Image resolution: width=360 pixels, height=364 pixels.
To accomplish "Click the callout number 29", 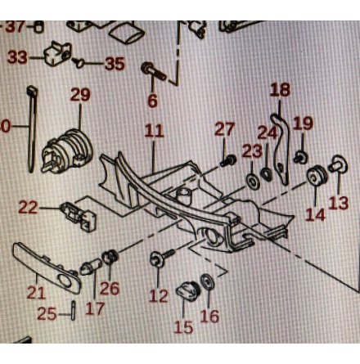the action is [x=80, y=95].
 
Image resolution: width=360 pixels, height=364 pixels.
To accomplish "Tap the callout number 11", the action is [x=154, y=131].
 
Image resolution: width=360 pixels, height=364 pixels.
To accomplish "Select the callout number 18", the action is [x=280, y=90].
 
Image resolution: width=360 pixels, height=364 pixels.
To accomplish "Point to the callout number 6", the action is [x=153, y=101].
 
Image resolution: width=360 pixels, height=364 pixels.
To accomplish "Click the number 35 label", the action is [x=115, y=64].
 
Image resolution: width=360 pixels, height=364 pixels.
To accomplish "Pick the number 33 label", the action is [x=18, y=57].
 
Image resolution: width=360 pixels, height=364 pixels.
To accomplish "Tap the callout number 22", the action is [x=28, y=208].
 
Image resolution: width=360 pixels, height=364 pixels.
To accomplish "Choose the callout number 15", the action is [x=183, y=327].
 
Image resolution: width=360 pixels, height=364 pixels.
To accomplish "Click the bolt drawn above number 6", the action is [x=154, y=71].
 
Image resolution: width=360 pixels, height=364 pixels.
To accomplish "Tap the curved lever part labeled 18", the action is [x=281, y=149].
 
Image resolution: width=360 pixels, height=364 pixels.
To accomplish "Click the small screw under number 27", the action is [x=228, y=160].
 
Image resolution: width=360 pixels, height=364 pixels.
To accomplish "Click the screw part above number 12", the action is [x=162, y=256].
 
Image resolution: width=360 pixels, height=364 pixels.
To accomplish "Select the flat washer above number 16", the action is [x=207, y=281].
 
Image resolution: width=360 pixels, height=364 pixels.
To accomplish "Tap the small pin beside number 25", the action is [x=73, y=310].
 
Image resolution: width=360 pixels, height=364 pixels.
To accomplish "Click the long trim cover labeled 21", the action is [x=47, y=268].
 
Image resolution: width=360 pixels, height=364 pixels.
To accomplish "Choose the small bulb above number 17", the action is [x=91, y=267].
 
